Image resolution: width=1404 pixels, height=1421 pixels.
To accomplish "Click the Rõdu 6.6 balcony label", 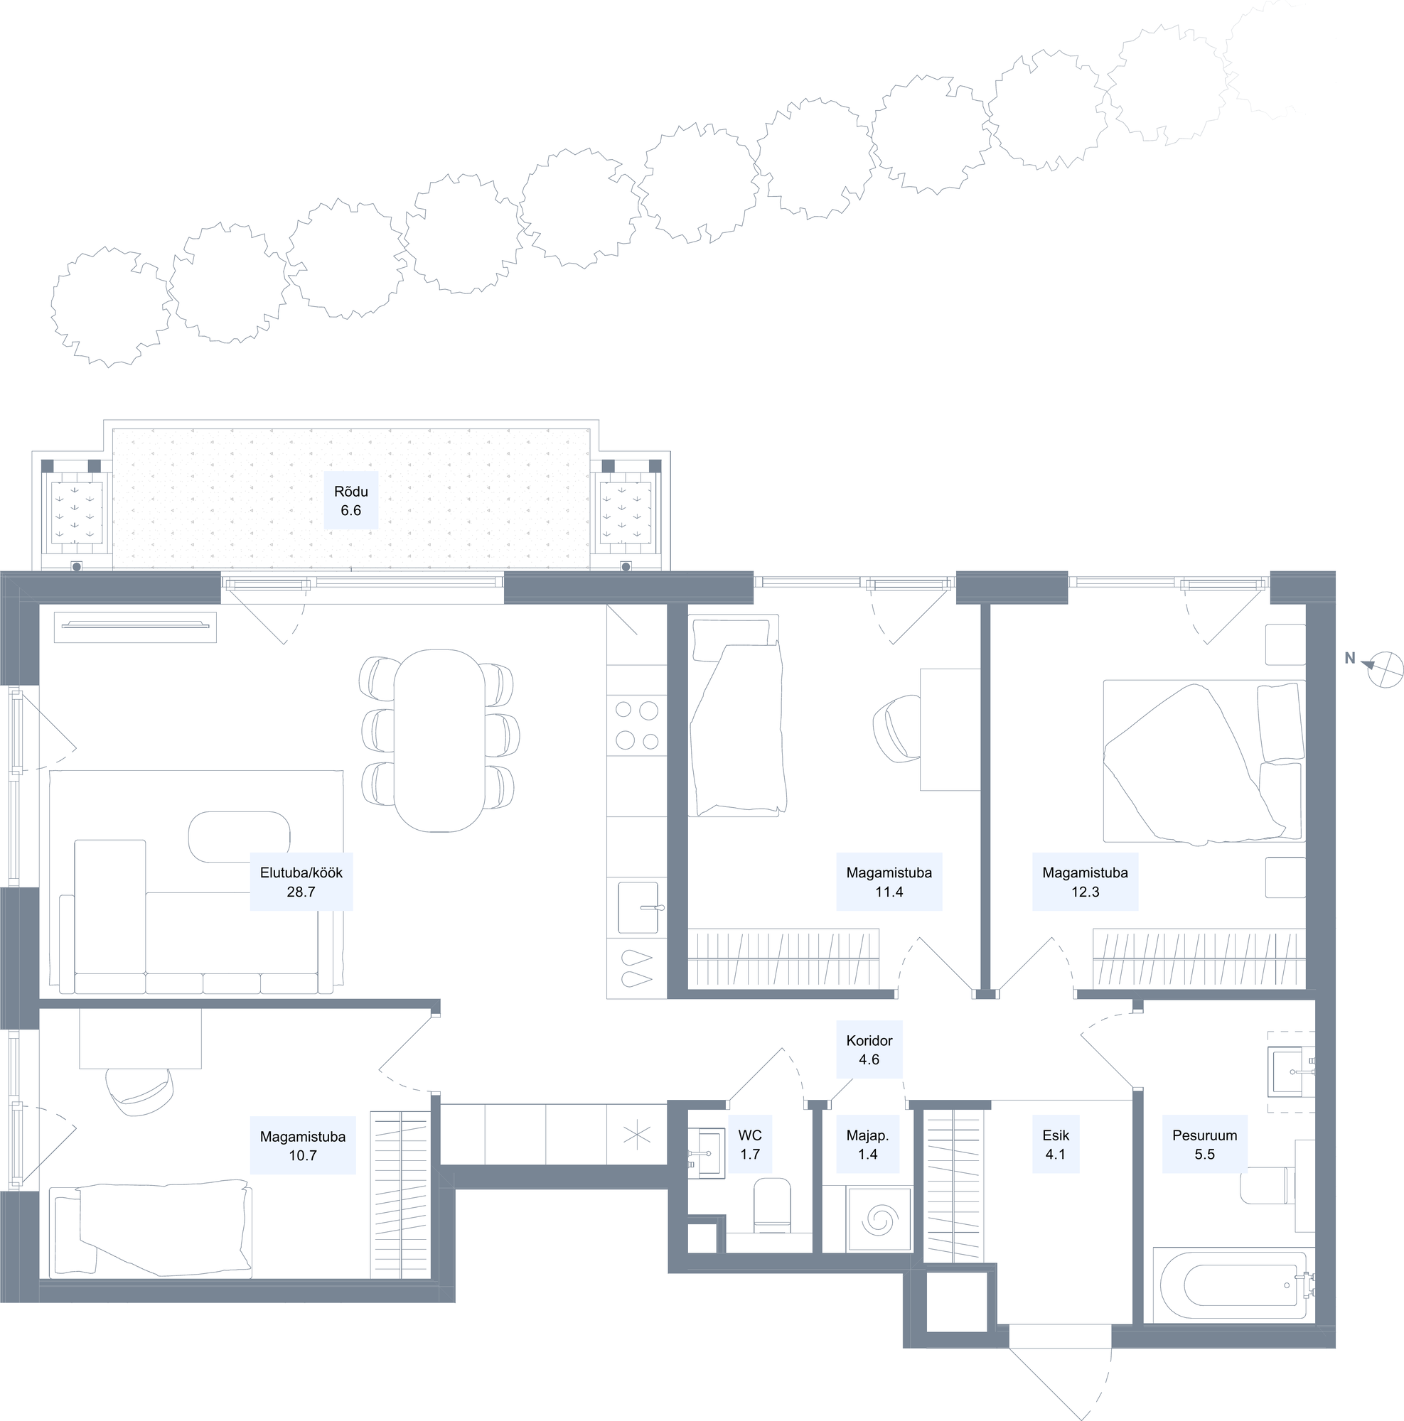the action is pyautogui.click(x=351, y=501).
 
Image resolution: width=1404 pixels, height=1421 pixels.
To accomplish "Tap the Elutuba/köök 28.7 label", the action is pyautogui.click(x=301, y=882).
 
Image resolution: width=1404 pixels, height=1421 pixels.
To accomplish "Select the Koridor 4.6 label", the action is pyautogui.click(x=869, y=1049).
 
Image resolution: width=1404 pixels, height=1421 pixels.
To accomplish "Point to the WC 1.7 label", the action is pyautogui.click(x=750, y=1145).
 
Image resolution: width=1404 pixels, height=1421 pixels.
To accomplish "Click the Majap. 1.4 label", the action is pyautogui.click(x=867, y=1145).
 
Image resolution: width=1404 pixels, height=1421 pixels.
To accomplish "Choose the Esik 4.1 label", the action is pyautogui.click(x=1056, y=1145).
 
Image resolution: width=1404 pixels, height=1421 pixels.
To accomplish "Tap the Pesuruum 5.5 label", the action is pyautogui.click(x=1204, y=1145).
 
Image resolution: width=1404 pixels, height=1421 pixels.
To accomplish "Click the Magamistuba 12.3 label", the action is pyautogui.click(x=1086, y=882).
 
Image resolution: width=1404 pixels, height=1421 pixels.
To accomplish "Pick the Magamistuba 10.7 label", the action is pyautogui.click(x=302, y=1145).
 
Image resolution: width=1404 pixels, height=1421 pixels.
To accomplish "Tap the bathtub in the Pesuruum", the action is pyautogui.click(x=1233, y=1285).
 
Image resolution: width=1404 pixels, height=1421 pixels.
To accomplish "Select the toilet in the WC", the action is pyautogui.click(x=772, y=1206).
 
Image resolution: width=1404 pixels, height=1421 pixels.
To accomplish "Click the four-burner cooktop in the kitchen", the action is pyautogui.click(x=637, y=725).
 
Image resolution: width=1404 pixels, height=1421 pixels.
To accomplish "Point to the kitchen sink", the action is pyautogui.click(x=638, y=907).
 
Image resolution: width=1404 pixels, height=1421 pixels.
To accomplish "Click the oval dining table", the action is pyautogui.click(x=440, y=740).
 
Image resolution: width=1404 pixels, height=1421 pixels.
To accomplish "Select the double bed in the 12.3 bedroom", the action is pyautogui.click(x=1204, y=761).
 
